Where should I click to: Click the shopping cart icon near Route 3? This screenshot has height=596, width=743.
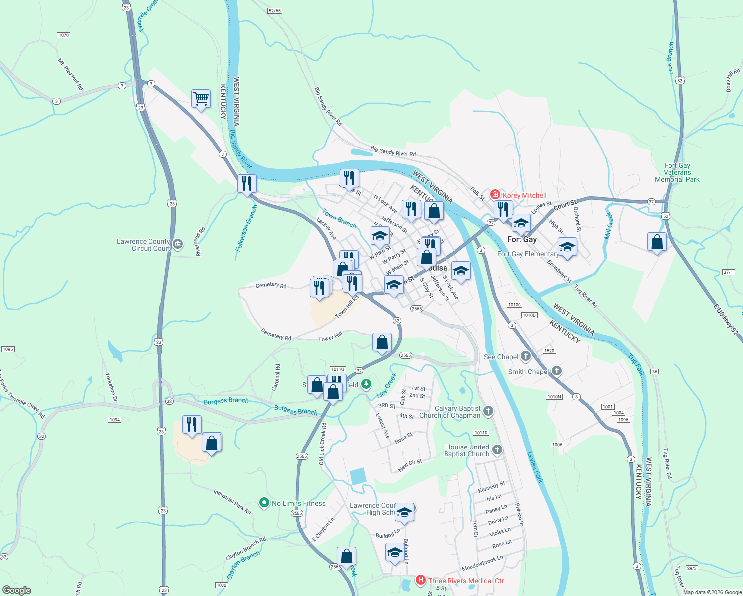(201, 99)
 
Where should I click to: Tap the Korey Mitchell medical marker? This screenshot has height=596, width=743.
(495, 195)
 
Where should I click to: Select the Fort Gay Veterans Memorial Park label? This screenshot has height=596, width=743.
(677, 172)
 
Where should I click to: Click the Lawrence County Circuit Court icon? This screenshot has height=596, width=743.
(178, 244)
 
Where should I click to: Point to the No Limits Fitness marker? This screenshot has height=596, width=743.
(264, 503)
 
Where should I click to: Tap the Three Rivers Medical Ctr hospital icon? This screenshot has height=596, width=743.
(420, 580)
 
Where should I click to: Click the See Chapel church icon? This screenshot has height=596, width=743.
(525, 356)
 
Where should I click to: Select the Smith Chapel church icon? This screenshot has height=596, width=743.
(557, 371)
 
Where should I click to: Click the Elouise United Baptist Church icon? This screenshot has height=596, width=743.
(497, 450)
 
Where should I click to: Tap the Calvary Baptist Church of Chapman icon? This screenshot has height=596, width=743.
(488, 411)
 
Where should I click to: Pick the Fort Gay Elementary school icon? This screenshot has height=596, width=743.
(567, 247)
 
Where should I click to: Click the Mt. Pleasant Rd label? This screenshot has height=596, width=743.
(71, 74)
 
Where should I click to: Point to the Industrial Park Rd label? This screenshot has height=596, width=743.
(232, 501)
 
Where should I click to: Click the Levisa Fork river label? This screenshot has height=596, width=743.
(535, 467)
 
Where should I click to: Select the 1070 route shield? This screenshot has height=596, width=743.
(64, 35)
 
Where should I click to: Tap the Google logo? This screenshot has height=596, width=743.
(17, 590)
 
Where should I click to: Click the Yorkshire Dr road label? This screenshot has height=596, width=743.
(111, 387)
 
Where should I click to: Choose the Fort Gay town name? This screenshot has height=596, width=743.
(521, 239)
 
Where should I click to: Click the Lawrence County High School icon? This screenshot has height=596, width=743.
(404, 512)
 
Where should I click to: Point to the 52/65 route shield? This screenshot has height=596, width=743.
(274, 10)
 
